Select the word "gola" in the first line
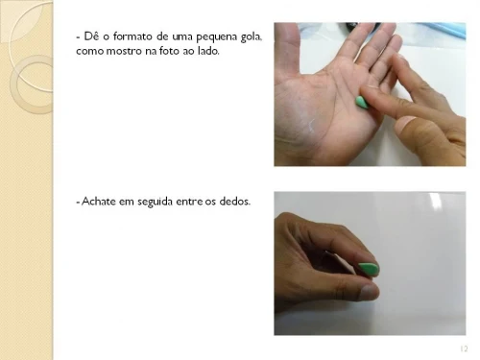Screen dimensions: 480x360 [x=252, y=37]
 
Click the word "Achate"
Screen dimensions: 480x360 [x=99, y=202]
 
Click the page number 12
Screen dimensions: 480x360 [x=464, y=348]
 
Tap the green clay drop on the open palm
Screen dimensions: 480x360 [x=362, y=103]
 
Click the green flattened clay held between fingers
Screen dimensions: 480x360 [x=370, y=270]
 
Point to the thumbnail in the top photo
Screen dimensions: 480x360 [x=404, y=125]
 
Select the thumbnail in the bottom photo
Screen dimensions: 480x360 [x=369, y=293]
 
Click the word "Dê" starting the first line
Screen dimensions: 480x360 [x=91, y=36]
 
